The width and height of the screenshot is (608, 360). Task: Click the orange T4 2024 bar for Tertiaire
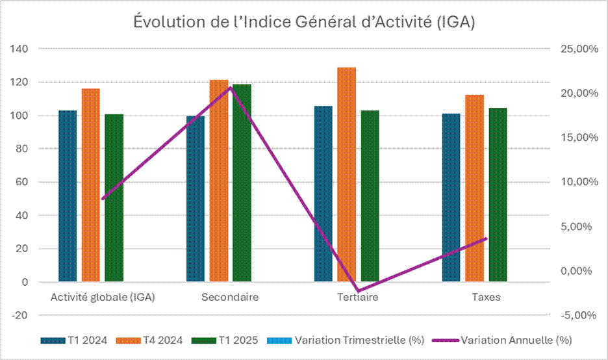pos(347,175)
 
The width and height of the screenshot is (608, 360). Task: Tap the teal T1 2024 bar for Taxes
pos(451,198)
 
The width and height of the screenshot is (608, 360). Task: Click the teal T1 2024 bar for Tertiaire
pos(323,194)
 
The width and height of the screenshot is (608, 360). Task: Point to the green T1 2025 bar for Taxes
pos(498,195)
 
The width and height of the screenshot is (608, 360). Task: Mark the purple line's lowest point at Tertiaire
pos(357,291)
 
